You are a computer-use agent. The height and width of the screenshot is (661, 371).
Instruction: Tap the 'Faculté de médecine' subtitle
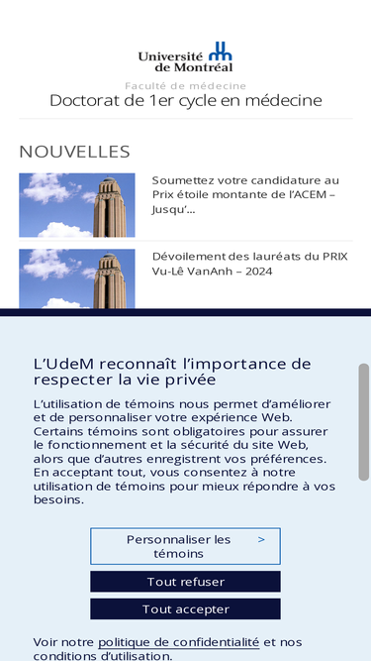(185, 86)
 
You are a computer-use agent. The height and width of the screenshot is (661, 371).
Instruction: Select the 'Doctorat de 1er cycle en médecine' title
(185, 101)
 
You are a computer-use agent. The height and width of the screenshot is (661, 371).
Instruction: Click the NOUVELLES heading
(74, 152)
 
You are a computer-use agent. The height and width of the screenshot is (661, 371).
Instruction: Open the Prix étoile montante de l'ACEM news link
(245, 194)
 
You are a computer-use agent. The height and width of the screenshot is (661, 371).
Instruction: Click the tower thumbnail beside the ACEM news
(77, 205)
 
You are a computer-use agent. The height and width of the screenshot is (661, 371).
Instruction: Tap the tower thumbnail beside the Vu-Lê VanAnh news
(77, 278)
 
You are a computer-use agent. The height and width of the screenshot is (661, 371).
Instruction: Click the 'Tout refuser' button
(185, 582)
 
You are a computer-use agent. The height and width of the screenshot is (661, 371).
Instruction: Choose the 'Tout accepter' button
(185, 609)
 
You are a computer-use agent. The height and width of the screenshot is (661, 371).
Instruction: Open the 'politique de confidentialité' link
(178, 642)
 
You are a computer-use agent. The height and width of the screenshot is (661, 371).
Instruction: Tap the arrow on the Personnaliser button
(261, 540)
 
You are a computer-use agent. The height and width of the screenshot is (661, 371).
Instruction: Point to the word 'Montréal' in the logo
(204, 67)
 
